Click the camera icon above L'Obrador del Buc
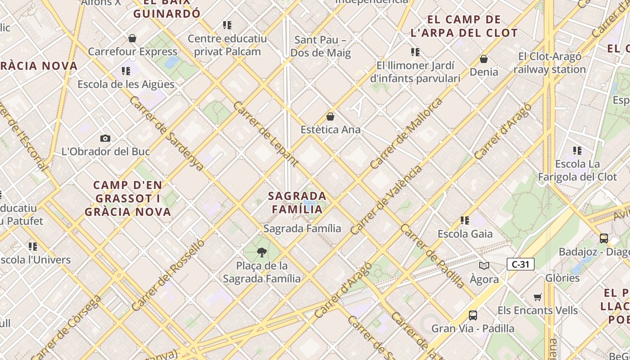coord(105,138)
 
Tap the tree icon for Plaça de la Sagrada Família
coord(261,252)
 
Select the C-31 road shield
coord(520,264)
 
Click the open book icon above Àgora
coord(484,266)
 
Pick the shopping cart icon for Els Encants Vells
coord(538,297)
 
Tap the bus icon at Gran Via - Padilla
coord(472,315)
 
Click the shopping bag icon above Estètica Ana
coord(330,117)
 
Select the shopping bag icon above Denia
coord(484,59)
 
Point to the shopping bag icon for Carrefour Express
coord(132,38)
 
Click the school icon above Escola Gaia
coord(465,220)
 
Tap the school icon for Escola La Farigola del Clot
coord(577,150)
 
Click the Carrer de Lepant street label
coord(266,134)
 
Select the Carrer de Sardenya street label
coord(166,133)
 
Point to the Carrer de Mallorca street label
coord(406,134)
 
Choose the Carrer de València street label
coord(386,200)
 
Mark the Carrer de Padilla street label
coord(432,256)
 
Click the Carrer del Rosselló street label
coord(168,275)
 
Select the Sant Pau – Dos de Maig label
coord(320,46)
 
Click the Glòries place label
coord(562,278)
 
